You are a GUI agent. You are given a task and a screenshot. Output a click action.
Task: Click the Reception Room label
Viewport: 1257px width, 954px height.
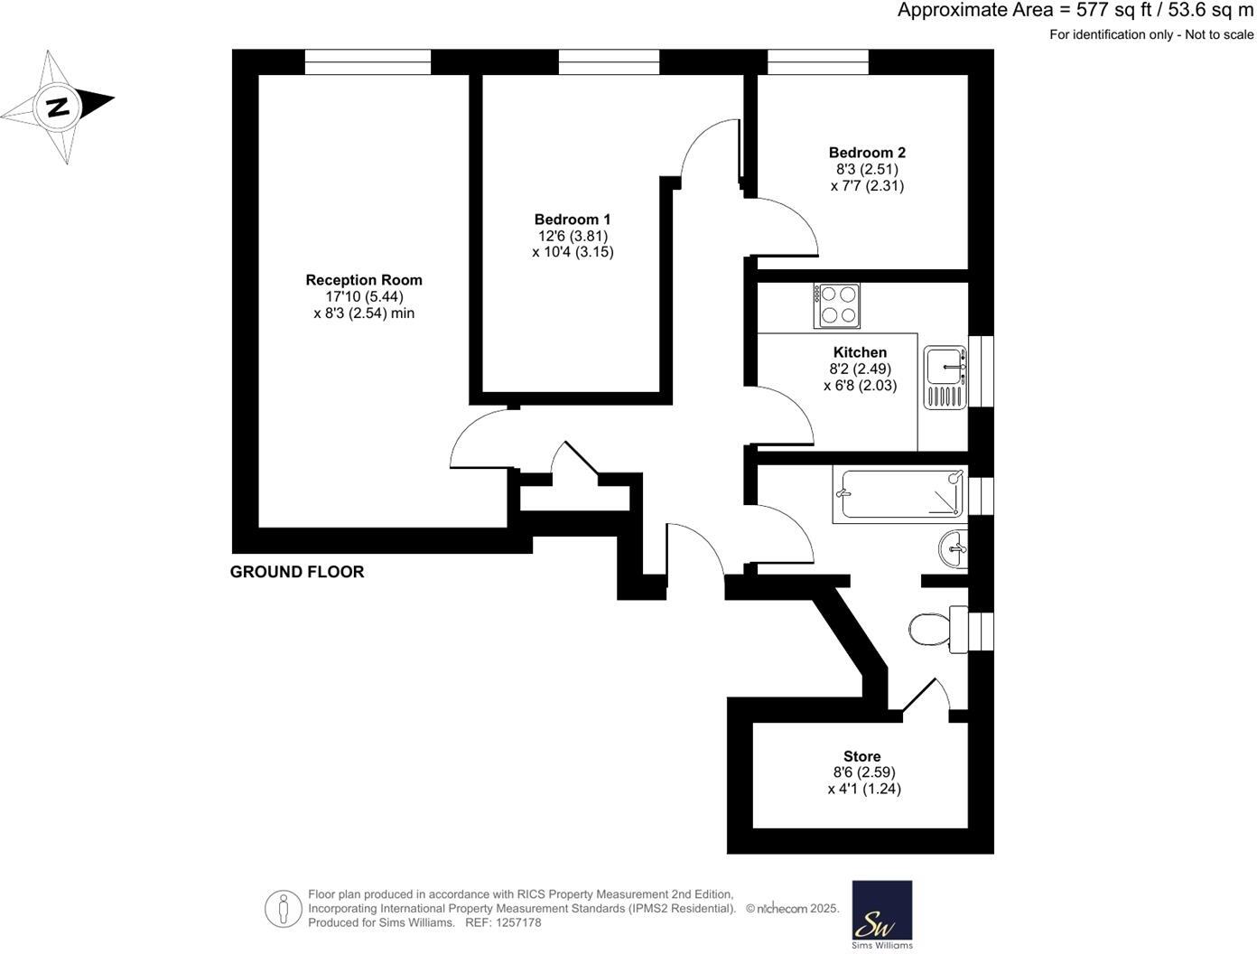click(364, 280)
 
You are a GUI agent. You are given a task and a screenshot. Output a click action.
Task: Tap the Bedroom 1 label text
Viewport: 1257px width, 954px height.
click(573, 220)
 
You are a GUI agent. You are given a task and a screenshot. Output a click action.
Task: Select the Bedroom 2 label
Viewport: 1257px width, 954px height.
click(867, 153)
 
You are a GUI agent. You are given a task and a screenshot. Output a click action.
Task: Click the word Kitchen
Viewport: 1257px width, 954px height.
click(860, 352)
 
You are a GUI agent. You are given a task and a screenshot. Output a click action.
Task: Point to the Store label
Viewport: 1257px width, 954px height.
click(861, 756)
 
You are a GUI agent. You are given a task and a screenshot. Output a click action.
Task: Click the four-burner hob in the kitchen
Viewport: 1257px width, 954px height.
click(836, 305)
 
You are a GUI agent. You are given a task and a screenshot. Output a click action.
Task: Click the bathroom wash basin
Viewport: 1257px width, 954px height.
click(954, 548)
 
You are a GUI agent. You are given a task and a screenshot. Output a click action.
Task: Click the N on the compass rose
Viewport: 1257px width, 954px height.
click(58, 107)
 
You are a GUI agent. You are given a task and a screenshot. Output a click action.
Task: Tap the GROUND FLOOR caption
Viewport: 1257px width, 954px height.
click(297, 572)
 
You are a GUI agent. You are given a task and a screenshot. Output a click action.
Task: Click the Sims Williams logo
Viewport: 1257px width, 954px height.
click(882, 914)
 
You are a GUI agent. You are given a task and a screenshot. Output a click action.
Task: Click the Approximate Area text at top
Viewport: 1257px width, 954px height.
click(1075, 11)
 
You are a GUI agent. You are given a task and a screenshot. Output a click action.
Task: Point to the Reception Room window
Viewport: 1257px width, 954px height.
click(368, 61)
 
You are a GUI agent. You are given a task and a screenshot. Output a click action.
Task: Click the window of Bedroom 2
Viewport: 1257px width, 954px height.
click(818, 61)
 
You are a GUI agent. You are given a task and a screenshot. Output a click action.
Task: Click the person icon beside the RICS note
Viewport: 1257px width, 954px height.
click(283, 908)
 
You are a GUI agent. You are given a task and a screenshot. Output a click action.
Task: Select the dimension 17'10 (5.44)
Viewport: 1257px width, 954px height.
click(364, 297)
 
